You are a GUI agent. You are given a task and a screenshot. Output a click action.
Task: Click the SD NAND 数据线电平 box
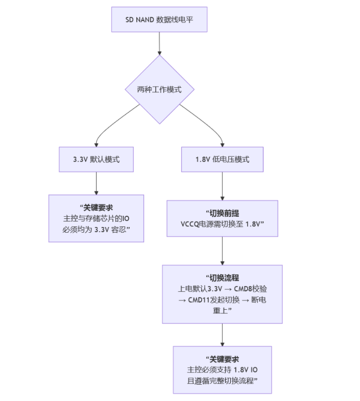[159, 20]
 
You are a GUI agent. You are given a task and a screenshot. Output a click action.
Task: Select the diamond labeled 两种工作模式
[159, 89]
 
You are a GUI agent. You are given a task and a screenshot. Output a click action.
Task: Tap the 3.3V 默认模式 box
[96, 159]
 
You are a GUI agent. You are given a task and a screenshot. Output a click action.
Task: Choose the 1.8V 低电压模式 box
[222, 159]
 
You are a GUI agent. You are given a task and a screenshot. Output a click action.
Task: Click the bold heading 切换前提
[222, 213]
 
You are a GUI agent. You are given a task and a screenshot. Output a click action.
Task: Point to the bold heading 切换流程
[222, 278]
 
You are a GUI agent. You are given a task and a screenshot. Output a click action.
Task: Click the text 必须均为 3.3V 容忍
[96, 229]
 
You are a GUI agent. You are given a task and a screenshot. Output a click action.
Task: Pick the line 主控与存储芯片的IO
[96, 218]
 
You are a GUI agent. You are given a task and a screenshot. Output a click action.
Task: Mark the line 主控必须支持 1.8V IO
[222, 370]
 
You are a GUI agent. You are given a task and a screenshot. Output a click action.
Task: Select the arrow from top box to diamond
[159, 43]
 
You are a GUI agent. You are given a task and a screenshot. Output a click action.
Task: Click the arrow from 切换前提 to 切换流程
[222, 250]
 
